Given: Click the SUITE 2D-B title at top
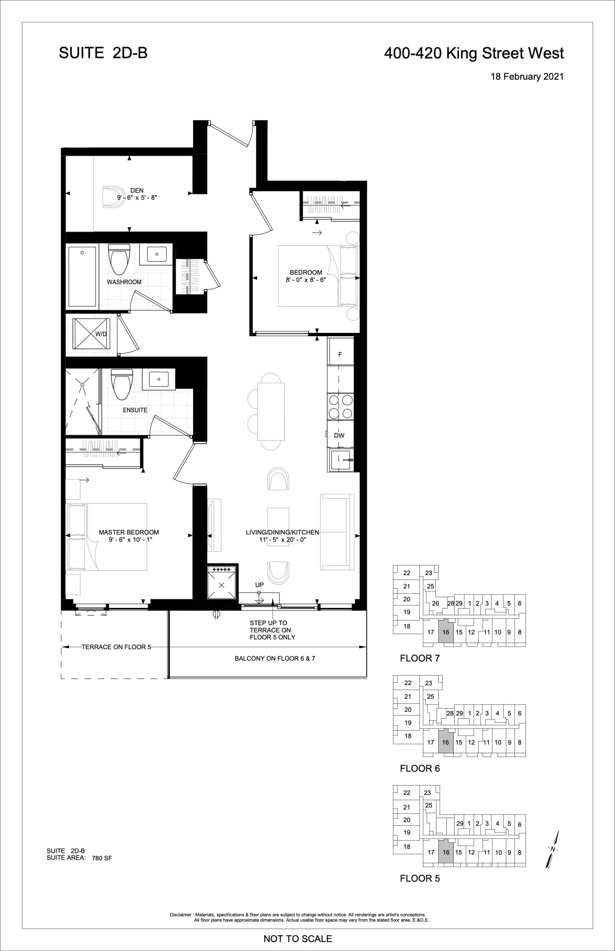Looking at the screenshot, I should (103, 53).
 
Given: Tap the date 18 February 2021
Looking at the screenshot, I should (527, 77).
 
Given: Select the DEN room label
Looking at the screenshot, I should (137, 191).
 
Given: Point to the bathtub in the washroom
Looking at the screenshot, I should (82, 276).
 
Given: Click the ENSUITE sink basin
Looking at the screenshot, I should (159, 379).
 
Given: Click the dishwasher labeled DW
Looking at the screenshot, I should (339, 435).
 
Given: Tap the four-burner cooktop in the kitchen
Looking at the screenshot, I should (340, 407).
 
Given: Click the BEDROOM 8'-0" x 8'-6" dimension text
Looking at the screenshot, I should (306, 280).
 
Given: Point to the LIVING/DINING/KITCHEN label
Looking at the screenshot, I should (282, 532).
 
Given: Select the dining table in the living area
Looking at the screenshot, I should (271, 411).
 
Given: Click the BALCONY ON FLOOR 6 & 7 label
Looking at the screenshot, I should (275, 658).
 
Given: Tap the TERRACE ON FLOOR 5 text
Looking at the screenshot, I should (116, 647).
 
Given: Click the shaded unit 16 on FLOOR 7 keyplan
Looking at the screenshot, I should (446, 632).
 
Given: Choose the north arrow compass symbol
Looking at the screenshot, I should (553, 849).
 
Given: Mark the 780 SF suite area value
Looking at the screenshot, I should (102, 858).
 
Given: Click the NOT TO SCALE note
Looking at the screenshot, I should (297, 939).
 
